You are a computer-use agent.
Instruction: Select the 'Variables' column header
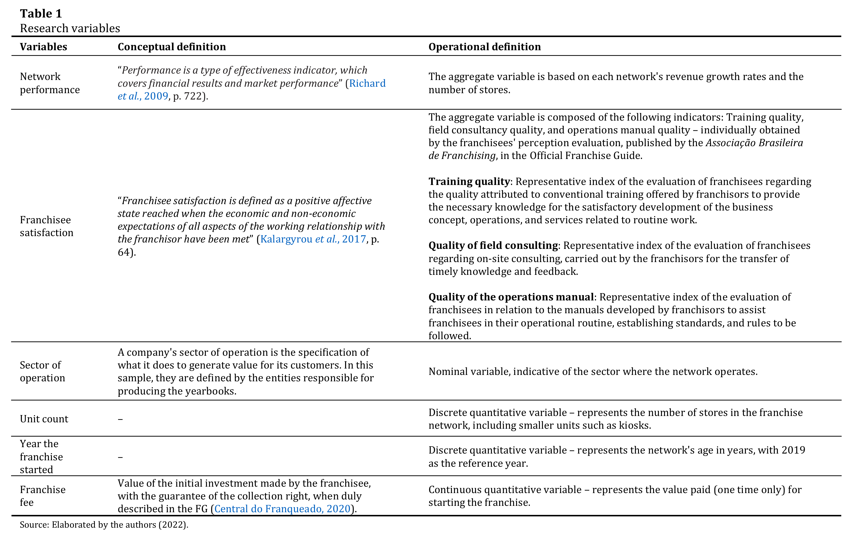43,47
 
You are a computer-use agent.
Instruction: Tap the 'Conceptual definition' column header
171,47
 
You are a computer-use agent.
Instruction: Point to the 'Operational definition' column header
484,47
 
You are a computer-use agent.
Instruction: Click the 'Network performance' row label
50,83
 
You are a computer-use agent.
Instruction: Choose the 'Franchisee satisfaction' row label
46,226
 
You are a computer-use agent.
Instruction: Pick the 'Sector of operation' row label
42,371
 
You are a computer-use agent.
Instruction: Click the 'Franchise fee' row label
42,496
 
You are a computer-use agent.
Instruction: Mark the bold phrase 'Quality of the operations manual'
511,297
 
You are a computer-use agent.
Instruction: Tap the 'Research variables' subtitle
70,28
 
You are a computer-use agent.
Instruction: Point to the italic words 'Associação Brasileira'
754,143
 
